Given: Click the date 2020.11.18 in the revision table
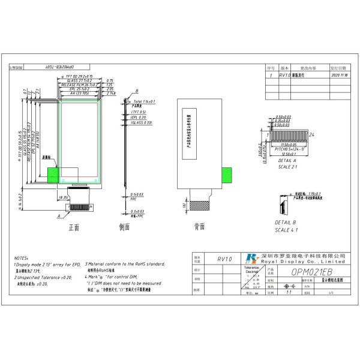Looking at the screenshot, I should point(340,76).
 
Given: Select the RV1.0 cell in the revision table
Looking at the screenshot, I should point(285,76).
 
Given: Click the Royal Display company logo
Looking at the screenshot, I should point(250,258).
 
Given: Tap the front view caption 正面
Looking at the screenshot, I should point(74,227).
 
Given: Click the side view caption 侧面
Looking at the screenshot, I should point(125,227).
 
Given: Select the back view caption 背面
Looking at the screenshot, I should point(200,227).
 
